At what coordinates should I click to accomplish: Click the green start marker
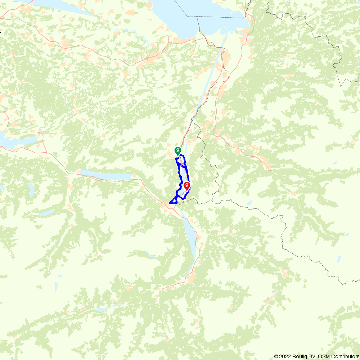[x=177, y=151]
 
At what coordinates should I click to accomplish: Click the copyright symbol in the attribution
[x=276, y=356]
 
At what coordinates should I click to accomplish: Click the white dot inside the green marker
[x=177, y=149]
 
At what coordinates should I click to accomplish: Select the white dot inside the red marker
[x=187, y=185]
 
